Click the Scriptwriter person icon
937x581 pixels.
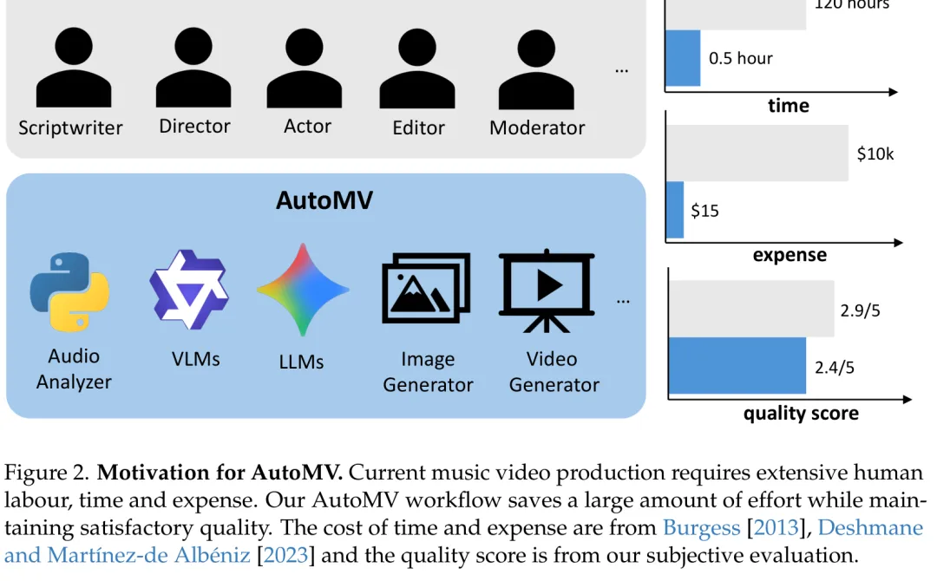74,68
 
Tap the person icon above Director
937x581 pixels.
193,68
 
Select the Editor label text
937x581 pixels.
418,127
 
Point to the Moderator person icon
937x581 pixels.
536,69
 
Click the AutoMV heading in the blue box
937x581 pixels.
324,200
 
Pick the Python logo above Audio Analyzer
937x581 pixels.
70,291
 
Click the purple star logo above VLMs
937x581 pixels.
189,290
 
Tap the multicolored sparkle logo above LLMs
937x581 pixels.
303,290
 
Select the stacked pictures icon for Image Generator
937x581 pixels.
426,288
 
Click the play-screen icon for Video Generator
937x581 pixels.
547,290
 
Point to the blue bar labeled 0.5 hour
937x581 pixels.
683,58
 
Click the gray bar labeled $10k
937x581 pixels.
757,153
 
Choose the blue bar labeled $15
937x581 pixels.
675,210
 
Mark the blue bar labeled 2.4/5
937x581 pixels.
737,366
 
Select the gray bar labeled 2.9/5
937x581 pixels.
751,309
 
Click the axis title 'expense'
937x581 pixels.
790,255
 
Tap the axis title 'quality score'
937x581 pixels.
801,414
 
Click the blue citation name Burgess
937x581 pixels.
702,528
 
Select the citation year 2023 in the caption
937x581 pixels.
285,555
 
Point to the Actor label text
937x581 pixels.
307,127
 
